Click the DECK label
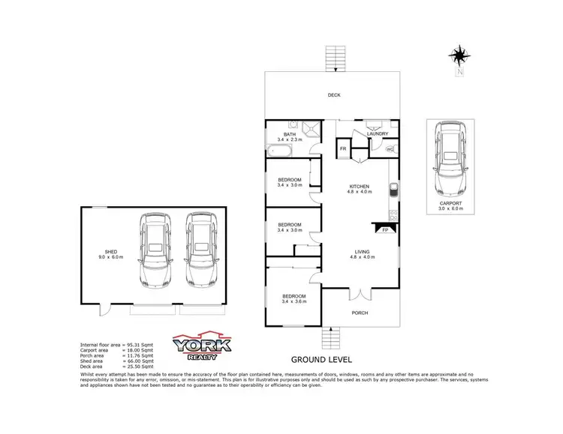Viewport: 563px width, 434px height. [334, 95]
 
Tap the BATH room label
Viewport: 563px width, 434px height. [290, 134]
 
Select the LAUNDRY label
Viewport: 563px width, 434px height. [377, 134]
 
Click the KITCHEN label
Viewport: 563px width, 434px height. [360, 187]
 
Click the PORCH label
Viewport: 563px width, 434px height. [360, 312]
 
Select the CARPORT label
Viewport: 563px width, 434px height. [451, 203]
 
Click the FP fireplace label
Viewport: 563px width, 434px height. [386, 230]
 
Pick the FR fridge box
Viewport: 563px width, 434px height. [343, 149]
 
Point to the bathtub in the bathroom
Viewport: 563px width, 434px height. [281, 152]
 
